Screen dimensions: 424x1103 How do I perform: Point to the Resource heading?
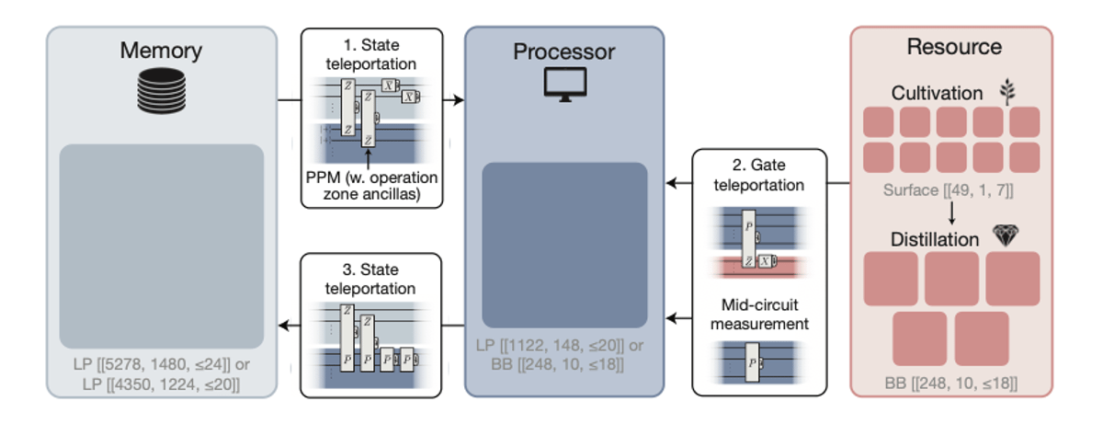coord(953,47)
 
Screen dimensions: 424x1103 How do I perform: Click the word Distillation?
coord(935,239)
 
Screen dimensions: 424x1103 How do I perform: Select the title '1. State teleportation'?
coord(372,54)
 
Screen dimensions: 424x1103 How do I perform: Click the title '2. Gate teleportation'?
coord(759,175)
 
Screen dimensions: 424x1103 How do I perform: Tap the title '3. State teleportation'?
coord(372,279)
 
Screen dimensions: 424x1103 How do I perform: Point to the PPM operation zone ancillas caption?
coord(372,185)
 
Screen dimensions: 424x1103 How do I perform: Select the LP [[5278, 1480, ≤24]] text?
coord(161,365)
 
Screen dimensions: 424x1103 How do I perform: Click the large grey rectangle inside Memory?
coord(161,246)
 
